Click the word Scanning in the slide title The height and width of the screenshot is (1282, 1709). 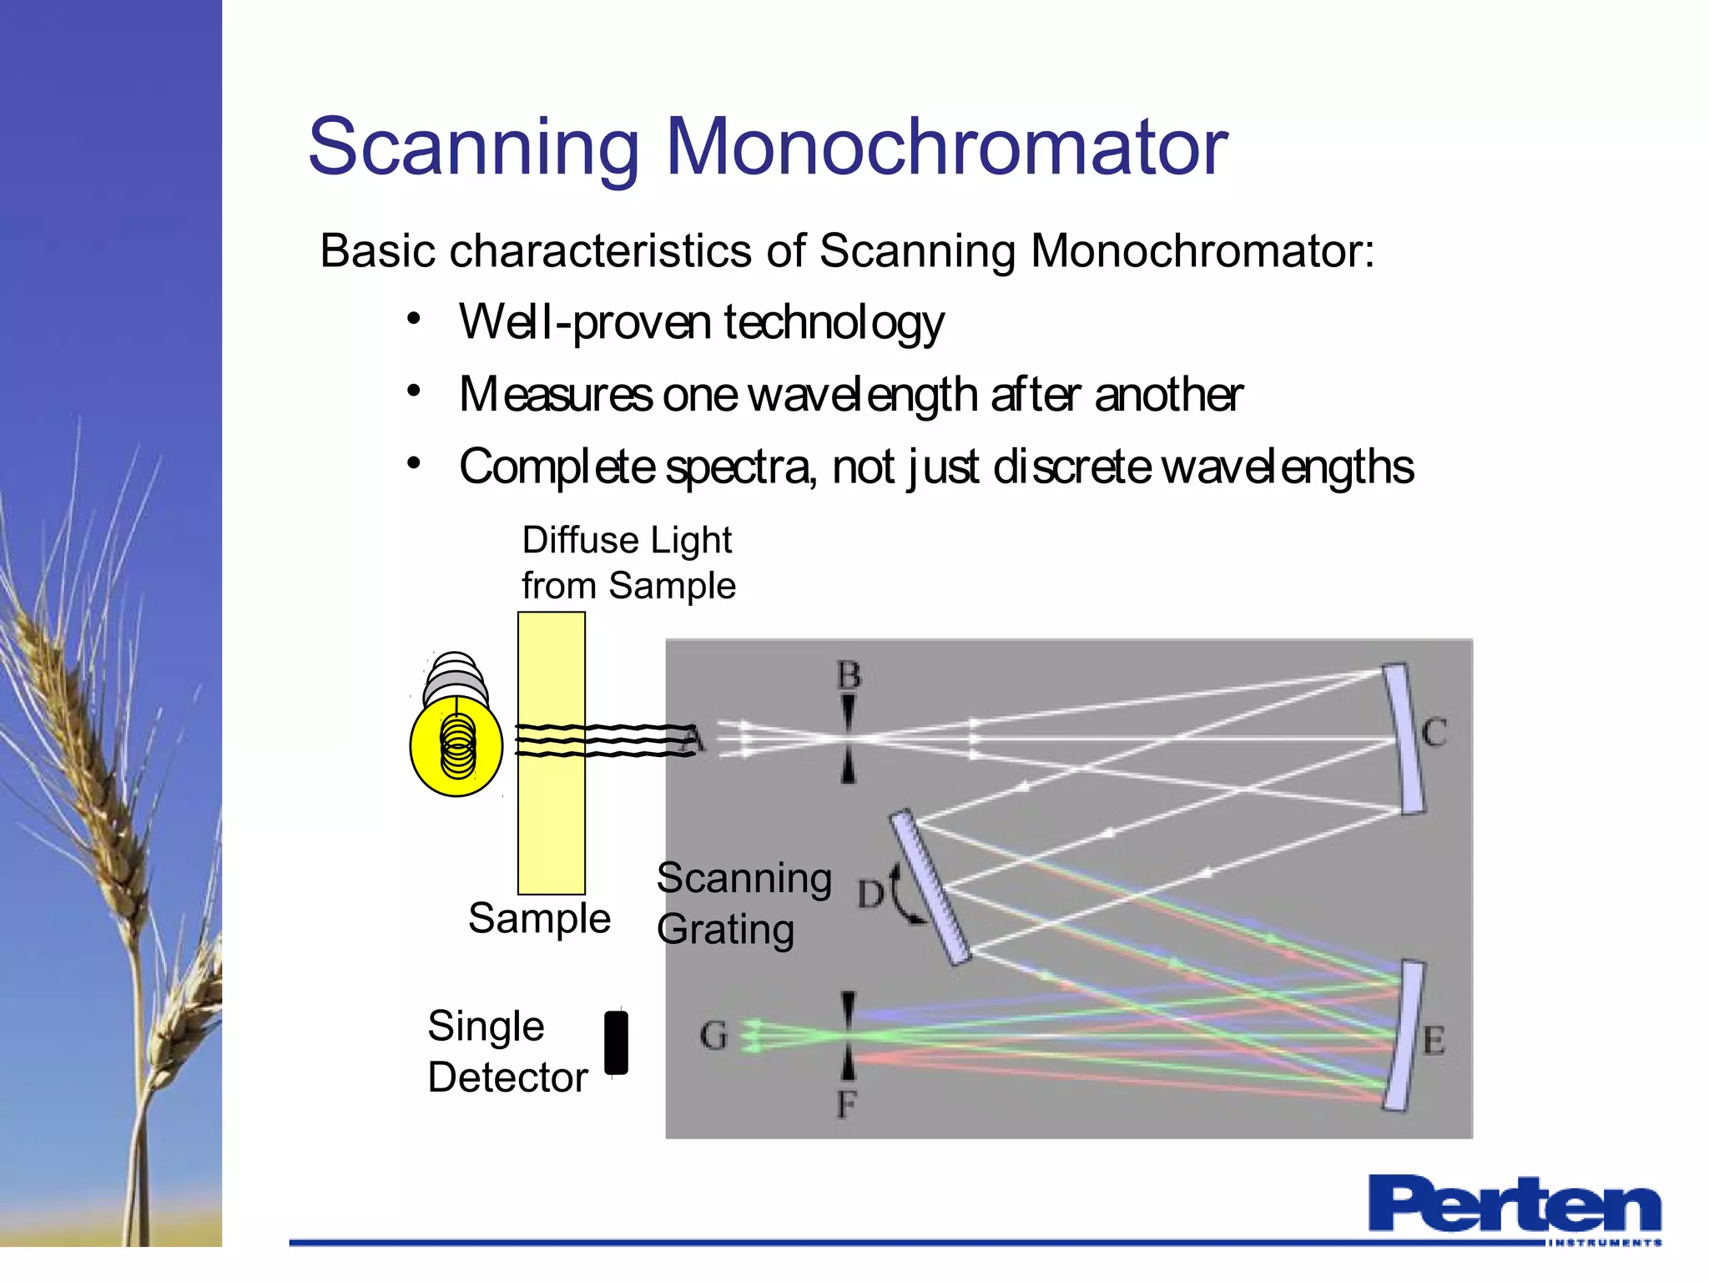(473, 149)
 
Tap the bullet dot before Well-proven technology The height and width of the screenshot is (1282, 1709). (414, 319)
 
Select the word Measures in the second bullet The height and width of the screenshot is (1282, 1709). (555, 395)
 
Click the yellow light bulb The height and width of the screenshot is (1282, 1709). (456, 745)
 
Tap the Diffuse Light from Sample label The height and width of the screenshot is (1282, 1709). (628, 563)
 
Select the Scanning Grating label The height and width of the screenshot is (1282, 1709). (743, 903)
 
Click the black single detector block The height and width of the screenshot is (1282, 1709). (616, 1042)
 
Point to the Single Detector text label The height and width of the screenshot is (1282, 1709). (507, 1052)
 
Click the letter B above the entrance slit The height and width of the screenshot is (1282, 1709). (849, 675)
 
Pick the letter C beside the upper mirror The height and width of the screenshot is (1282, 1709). (1434, 733)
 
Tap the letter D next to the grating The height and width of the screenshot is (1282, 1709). (870, 894)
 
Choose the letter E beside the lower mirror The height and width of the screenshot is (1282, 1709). (1434, 1041)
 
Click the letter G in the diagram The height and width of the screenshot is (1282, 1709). (713, 1036)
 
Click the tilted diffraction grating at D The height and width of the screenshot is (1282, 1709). (930, 886)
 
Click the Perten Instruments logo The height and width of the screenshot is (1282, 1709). (1514, 1208)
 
